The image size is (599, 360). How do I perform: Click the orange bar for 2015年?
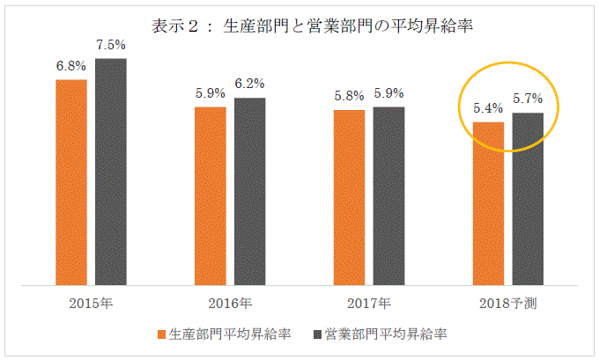click(x=71, y=182)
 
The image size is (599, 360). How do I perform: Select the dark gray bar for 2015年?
click(x=111, y=172)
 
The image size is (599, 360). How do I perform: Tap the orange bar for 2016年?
click(x=210, y=196)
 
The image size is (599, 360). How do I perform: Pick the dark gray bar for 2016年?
click(x=249, y=192)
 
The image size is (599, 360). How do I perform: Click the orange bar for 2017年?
click(x=349, y=197)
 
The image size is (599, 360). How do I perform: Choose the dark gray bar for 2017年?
click(x=388, y=196)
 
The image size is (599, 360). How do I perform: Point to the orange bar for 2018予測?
click(x=488, y=203)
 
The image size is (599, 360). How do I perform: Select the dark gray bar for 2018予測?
click(x=528, y=199)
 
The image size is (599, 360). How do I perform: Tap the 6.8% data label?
click(x=71, y=66)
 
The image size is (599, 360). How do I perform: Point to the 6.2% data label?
click(x=249, y=84)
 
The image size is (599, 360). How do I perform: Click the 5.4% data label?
click(x=488, y=109)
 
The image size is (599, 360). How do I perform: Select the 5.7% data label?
click(x=528, y=99)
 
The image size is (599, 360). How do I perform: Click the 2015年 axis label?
click(x=92, y=305)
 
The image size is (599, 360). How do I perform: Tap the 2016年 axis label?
click(x=230, y=305)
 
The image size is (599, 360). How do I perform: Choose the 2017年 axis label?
click(x=368, y=305)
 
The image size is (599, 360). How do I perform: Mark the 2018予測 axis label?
click(x=507, y=305)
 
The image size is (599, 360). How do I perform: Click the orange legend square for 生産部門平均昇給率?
click(x=161, y=335)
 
